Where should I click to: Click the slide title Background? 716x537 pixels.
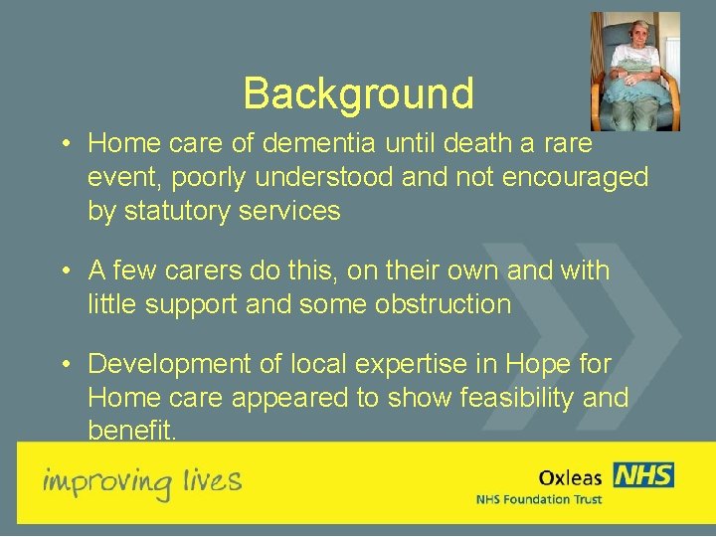(358, 93)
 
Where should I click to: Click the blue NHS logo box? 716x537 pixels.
(642, 474)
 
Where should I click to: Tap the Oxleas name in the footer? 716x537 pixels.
(570, 477)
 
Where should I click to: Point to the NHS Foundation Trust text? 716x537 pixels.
(538, 498)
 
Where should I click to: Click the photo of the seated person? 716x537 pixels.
(634, 71)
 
